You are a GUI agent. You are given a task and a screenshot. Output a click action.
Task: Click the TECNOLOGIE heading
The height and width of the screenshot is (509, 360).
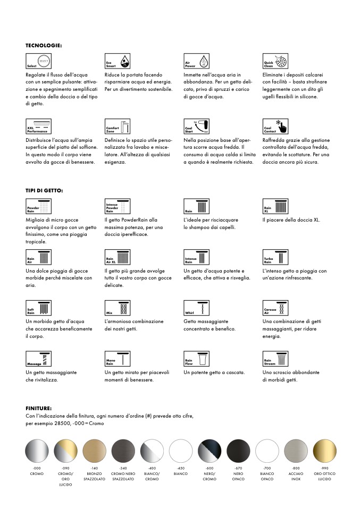point(44,46)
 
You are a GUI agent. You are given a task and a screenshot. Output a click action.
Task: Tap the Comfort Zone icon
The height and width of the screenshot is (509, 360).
point(118,126)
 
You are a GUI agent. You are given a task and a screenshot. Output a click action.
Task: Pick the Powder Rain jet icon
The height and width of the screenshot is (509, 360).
point(39,207)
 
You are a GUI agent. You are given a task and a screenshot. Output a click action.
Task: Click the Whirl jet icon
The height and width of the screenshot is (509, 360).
point(197,309)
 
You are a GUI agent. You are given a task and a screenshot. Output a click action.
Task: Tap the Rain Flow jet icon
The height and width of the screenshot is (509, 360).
point(197,360)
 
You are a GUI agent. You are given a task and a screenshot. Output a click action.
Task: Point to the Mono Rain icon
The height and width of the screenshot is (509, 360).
point(118,360)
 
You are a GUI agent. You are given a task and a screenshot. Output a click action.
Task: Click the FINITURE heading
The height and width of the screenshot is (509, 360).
point(39,408)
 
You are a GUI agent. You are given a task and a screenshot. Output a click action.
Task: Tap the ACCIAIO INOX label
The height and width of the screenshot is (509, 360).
point(296,475)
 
